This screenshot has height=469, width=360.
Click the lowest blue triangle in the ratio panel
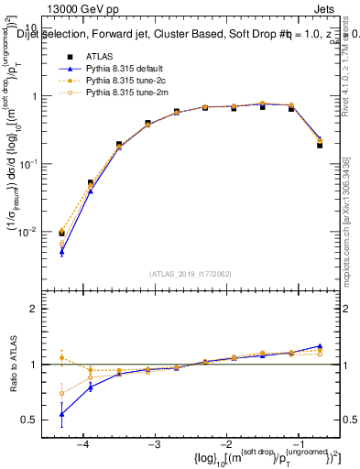point(61,414)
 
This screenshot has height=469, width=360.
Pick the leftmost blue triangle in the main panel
point(61,252)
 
